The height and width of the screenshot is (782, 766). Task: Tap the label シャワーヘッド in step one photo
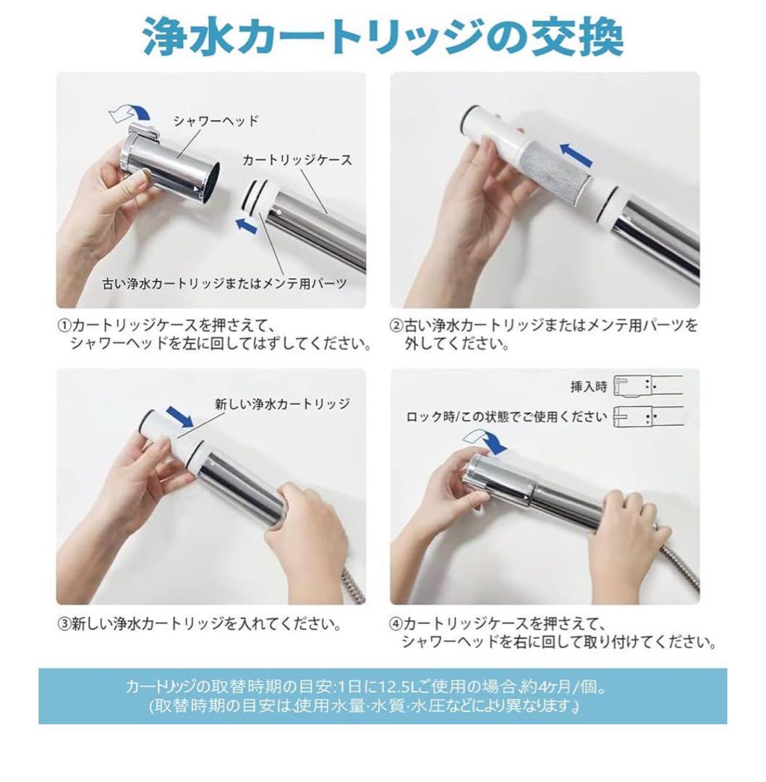[215, 121]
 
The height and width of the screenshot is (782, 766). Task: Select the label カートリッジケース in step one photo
[297, 159]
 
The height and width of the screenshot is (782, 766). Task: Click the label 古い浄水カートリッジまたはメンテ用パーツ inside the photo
[224, 284]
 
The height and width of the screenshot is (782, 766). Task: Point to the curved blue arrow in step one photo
[130, 114]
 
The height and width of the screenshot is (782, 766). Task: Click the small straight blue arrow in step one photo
[247, 224]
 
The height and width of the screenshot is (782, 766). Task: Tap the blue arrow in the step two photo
[576, 154]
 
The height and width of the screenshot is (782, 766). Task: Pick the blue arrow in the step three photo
[179, 416]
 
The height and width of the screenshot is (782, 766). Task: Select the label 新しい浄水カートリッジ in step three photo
[282, 404]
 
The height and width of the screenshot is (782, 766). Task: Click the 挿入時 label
[590, 387]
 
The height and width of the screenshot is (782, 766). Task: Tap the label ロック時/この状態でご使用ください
[506, 416]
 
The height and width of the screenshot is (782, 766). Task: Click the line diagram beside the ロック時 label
[648, 417]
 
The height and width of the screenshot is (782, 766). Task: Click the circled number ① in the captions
[64, 326]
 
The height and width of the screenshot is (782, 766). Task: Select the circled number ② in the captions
[396, 326]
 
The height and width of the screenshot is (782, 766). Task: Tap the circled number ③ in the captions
[64, 624]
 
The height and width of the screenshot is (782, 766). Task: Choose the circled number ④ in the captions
[396, 623]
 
